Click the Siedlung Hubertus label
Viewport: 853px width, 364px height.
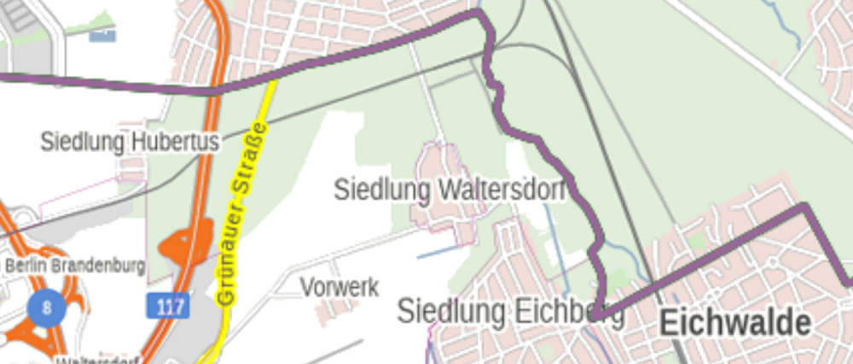coord(130,142)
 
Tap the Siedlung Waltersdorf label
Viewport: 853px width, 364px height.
coord(450,189)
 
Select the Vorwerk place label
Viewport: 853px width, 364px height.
coord(339,287)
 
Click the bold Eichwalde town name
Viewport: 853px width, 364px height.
coord(734,323)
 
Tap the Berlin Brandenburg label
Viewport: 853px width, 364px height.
coord(75,266)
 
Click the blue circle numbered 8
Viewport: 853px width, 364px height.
coord(46,307)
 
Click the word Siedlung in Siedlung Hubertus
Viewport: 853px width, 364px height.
coord(81,142)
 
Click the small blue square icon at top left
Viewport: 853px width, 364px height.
coord(103,33)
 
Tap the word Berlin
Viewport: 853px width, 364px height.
coord(24,266)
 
